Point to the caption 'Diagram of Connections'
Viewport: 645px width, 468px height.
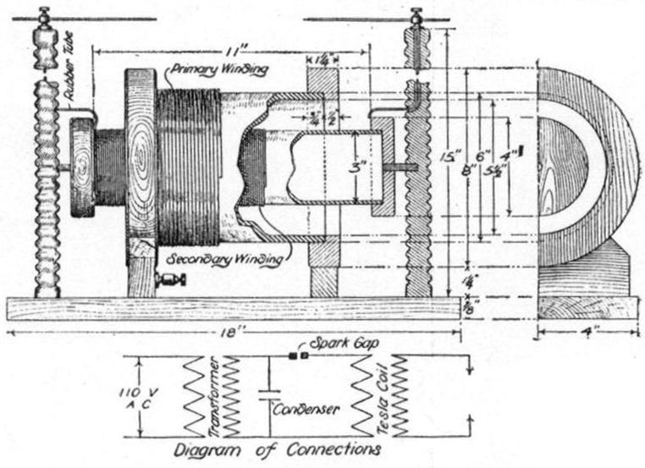278,449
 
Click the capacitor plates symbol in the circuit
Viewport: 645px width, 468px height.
268,396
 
